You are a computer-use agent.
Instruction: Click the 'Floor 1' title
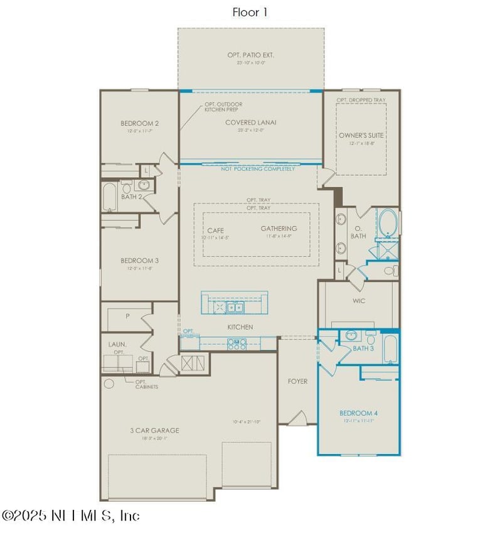250,12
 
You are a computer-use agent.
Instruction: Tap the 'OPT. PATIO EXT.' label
250,55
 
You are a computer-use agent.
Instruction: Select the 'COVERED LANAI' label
250,122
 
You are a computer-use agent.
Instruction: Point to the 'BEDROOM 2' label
139,123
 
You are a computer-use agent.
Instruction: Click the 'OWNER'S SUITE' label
361,135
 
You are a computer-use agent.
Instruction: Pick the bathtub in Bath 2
110,197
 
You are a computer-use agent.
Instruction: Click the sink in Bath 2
144,186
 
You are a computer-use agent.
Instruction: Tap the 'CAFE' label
215,230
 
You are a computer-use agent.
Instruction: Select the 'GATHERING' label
279,229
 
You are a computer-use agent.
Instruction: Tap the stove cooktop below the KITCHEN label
237,343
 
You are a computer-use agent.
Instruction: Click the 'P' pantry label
127,316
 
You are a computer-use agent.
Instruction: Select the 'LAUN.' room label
117,344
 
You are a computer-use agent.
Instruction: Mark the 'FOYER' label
297,381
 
